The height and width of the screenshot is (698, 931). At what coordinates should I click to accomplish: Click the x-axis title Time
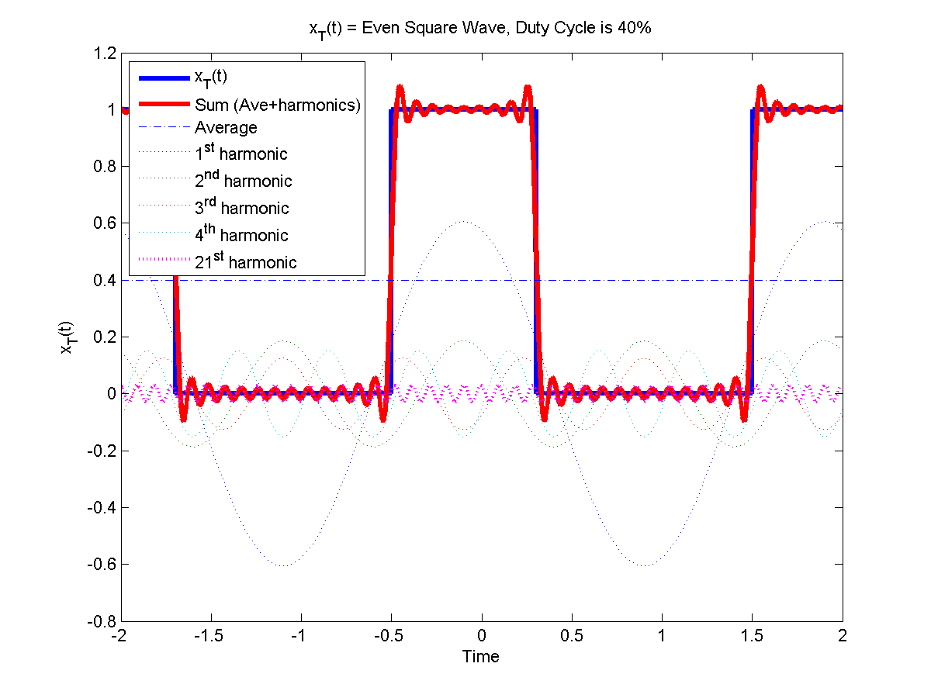coord(481,657)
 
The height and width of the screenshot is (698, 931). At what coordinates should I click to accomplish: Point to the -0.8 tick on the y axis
coord(103,621)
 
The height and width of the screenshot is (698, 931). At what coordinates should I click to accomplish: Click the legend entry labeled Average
coord(226,127)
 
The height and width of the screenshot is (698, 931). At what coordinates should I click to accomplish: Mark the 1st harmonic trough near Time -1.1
coord(282,565)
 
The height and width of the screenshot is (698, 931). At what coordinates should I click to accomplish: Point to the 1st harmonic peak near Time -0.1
coord(463,221)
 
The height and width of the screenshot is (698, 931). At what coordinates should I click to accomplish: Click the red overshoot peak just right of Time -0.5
coord(400,87)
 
